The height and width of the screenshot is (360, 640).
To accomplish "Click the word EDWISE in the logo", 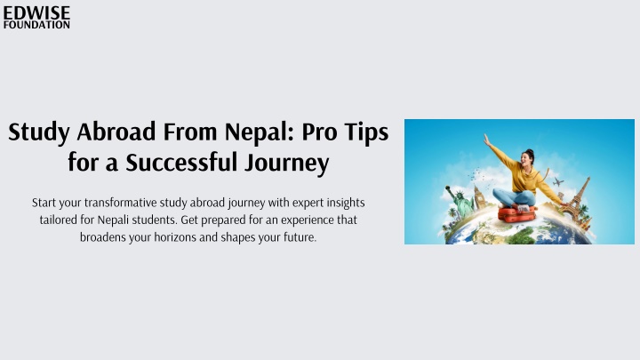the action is tap(36, 12).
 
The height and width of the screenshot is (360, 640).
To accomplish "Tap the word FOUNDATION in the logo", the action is tap(36, 25).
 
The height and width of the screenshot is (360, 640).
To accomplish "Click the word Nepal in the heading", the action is tap(259, 132).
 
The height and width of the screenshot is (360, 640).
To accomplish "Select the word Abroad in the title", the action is tap(116, 132).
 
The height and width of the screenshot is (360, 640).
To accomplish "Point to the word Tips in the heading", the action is tap(366, 132).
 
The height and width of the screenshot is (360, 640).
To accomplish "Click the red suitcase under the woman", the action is tap(516, 214).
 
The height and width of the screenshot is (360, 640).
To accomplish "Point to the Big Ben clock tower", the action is tap(480, 197).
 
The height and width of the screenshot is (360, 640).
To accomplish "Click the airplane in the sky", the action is tap(557, 181).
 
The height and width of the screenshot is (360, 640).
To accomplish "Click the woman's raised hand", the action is tap(487, 140).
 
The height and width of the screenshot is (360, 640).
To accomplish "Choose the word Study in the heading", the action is tap(39, 132).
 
